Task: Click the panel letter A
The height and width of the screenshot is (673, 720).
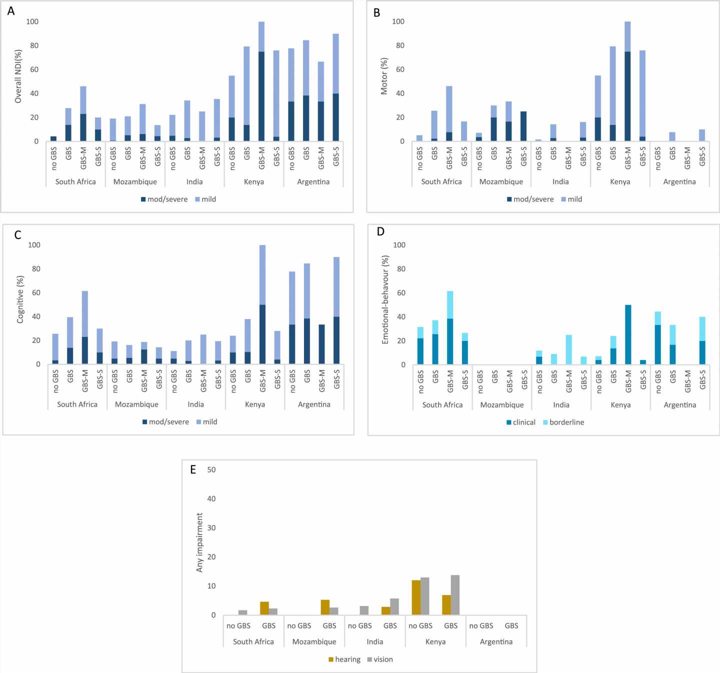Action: pyautogui.click(x=11, y=11)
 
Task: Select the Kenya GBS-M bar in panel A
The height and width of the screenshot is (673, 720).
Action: pyautogui.click(x=261, y=81)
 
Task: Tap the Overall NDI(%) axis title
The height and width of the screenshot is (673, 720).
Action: pyautogui.click(x=18, y=76)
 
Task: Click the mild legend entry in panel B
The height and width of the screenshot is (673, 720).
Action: pyautogui.click(x=571, y=199)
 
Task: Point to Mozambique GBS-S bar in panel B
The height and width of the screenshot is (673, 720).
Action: pyautogui.click(x=523, y=126)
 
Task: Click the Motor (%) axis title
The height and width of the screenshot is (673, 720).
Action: pyautogui.click(x=384, y=76)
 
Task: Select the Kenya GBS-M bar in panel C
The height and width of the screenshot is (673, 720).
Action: pyautogui.click(x=262, y=304)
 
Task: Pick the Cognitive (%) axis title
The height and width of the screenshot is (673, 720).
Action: pyautogui.click(x=20, y=299)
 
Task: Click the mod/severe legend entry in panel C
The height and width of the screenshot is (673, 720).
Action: pyautogui.click(x=165, y=422)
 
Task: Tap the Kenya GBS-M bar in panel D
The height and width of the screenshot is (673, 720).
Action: pyautogui.click(x=628, y=334)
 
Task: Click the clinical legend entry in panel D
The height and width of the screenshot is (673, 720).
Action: pyautogui.click(x=520, y=422)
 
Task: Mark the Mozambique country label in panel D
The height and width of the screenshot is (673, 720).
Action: pyautogui.click(x=502, y=405)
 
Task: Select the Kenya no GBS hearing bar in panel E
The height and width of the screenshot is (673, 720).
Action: pyautogui.click(x=416, y=597)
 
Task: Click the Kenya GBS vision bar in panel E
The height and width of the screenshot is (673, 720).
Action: pyautogui.click(x=455, y=595)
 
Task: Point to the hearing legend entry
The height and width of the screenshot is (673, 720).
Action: pyautogui.click(x=344, y=659)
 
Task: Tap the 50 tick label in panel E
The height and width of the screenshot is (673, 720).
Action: pyautogui.click(x=211, y=469)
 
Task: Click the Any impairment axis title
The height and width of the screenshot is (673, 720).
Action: pyautogui.click(x=200, y=542)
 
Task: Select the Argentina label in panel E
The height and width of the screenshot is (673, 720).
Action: pyautogui.click(x=496, y=642)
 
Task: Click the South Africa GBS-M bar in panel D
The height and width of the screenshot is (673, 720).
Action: pyautogui.click(x=450, y=328)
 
